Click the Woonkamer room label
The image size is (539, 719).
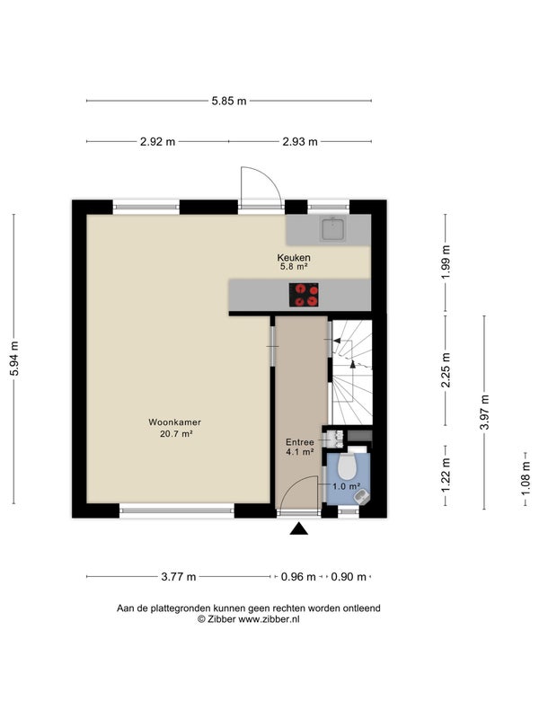pos(174,422)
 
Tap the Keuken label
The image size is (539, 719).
pos(294,258)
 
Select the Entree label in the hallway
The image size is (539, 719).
pos(300,442)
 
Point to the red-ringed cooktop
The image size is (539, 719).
pos(304,295)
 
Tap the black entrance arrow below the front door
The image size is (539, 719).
pos(299,528)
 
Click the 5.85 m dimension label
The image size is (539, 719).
pos(229,101)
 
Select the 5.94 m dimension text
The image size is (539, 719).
pos(14,359)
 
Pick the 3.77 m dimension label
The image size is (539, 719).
pos(178,577)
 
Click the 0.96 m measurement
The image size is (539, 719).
pos(298,577)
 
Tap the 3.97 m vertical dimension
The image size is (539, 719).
pos(484,413)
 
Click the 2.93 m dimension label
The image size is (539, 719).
pos(300,142)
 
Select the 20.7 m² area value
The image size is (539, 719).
pos(176,433)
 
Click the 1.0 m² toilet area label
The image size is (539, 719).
pos(346,486)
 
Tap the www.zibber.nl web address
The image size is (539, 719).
pos(269,619)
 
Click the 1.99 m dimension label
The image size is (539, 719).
pos(446,262)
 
